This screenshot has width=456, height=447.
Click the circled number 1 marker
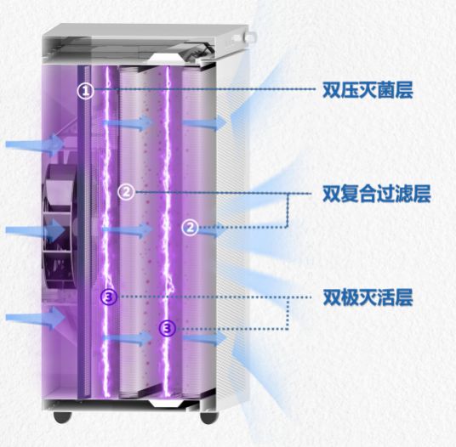(x=85, y=91)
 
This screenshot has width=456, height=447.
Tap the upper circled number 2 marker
(x=126, y=192)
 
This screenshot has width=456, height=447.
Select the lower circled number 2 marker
(x=191, y=227)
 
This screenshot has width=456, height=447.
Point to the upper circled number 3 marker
(x=109, y=297)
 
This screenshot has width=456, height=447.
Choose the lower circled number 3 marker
(x=168, y=329)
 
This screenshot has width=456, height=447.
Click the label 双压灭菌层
(x=368, y=90)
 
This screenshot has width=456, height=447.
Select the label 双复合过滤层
(x=377, y=194)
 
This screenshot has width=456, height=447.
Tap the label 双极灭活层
(x=368, y=297)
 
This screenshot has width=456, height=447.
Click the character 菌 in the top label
(x=386, y=90)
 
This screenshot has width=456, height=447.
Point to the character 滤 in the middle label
(x=403, y=194)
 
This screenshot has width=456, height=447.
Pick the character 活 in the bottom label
(x=386, y=297)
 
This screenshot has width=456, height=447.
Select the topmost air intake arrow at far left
(x=35, y=144)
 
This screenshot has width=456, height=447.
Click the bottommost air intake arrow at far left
(x=35, y=318)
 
